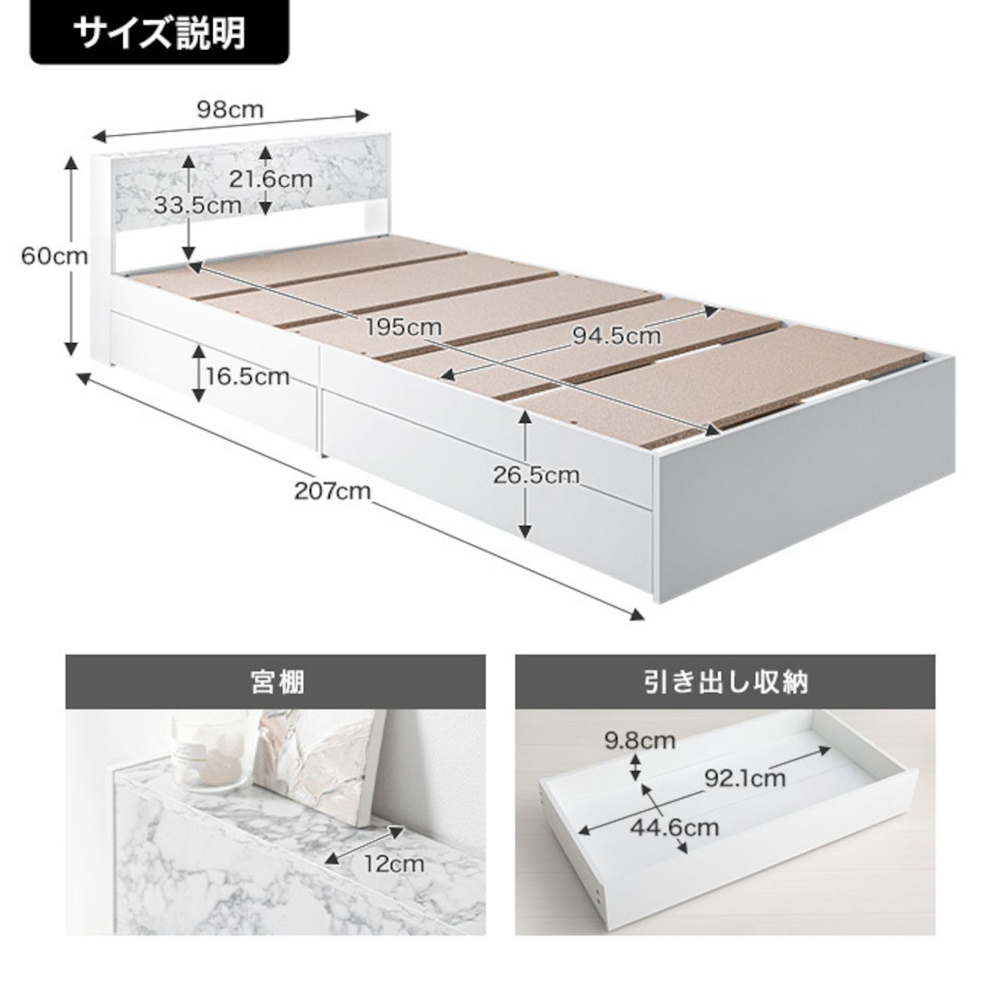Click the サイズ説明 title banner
coord(159,33)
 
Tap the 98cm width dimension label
coord(230,109)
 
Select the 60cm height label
coord(53,256)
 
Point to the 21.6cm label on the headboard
coord(271,179)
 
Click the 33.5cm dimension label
coord(197,206)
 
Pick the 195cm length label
coord(404,327)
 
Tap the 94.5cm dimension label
coord(616,336)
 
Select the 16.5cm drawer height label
coord(247,377)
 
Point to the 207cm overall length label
coord(332,491)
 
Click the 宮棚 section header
coord(275,683)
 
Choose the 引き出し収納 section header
coord(725,683)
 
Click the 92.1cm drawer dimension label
coord(744,777)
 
